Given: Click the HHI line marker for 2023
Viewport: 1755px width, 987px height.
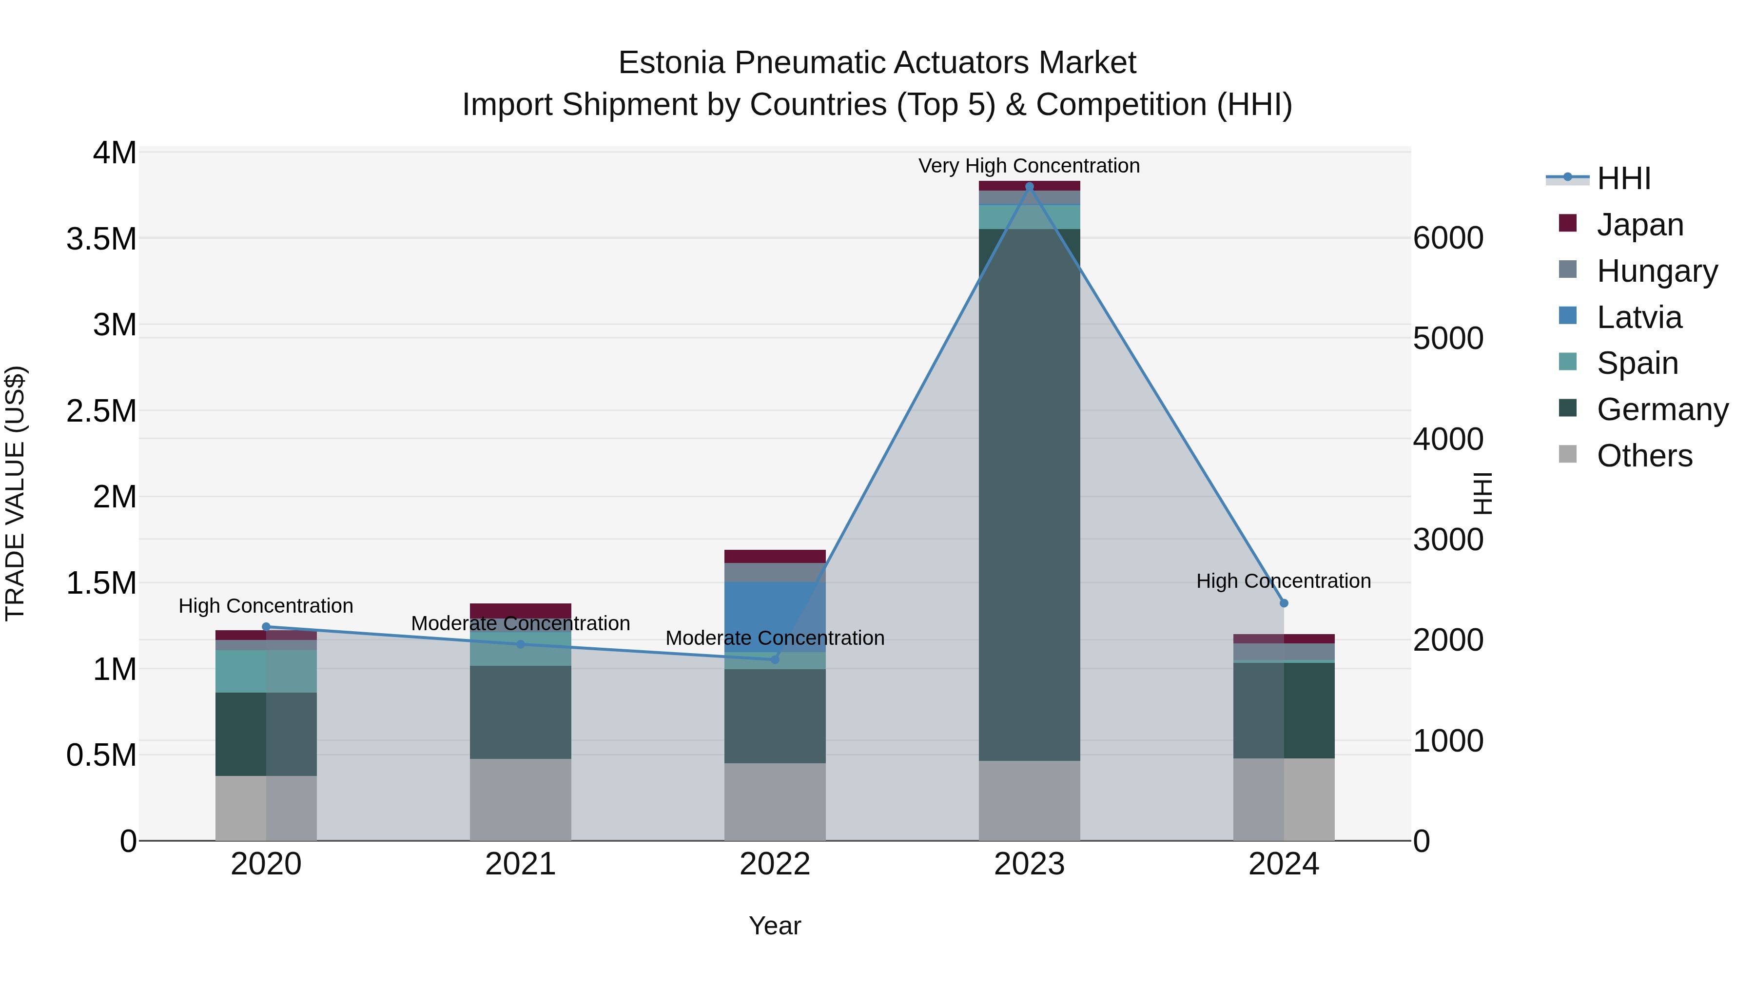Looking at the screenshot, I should (x=1029, y=187).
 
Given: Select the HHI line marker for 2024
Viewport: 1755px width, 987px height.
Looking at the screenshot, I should (x=1284, y=603).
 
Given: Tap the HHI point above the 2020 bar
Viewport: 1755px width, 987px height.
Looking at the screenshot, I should (x=266, y=627).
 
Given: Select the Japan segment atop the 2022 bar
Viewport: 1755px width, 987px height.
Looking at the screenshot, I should (x=775, y=556).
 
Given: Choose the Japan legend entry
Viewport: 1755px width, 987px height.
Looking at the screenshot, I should (x=1639, y=225).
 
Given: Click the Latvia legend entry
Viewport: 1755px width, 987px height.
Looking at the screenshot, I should (x=1638, y=317).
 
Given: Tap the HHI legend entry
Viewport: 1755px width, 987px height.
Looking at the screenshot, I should (x=1623, y=178).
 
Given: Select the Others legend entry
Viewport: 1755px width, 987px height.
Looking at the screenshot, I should (x=1644, y=456).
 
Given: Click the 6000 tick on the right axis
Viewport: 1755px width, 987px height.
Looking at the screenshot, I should (x=1448, y=238).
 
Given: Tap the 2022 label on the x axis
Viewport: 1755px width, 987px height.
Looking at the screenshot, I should (x=775, y=864).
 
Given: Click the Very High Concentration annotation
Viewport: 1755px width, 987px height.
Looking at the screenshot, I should (x=1029, y=166).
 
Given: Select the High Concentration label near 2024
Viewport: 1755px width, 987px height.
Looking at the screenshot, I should (x=1284, y=581).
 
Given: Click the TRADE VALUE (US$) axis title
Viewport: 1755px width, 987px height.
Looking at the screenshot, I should (x=15, y=493).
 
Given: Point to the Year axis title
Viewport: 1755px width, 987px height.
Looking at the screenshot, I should (x=775, y=926).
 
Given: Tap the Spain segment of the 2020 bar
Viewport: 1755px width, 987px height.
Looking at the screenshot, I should (x=266, y=671).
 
